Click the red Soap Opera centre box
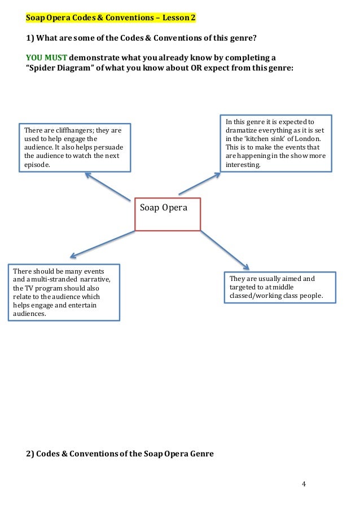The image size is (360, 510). point(168,214)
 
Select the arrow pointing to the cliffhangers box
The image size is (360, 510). point(107,187)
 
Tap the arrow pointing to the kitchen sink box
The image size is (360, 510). point(200,183)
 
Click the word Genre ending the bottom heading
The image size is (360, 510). point(200,453)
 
